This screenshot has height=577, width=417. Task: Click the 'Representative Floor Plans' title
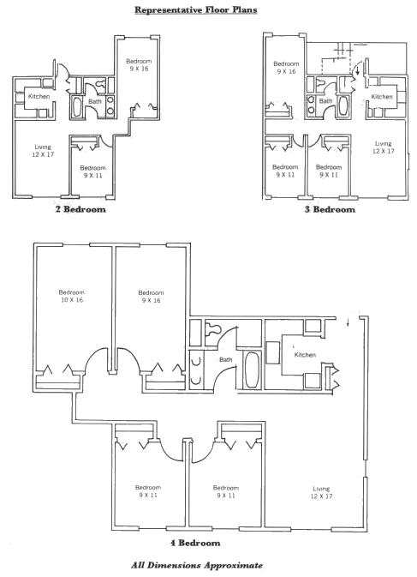195,10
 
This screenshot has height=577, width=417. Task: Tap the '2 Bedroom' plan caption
80,209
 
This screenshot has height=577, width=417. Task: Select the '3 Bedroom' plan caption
330,209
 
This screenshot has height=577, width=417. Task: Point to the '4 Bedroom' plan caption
195,543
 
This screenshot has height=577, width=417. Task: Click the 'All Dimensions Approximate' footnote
197,565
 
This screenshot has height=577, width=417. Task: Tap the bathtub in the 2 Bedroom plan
77,106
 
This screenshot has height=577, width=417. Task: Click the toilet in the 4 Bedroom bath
212,328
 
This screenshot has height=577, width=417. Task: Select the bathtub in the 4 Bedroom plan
252,370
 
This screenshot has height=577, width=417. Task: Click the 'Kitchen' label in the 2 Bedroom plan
39,96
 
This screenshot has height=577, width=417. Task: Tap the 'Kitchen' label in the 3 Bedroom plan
382,96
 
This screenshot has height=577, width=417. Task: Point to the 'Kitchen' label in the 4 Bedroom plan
305,355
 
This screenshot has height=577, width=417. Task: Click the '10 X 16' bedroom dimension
72,300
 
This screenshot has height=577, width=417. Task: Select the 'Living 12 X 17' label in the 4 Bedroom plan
321,492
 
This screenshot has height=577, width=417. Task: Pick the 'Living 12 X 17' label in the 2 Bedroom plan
43,151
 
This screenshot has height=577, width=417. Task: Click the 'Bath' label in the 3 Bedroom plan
325,100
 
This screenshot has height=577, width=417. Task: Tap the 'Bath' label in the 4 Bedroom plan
225,359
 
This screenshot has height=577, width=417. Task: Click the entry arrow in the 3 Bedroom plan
357,70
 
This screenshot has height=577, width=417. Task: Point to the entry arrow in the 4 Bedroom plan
348,322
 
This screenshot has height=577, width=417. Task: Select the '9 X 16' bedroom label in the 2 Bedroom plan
139,69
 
